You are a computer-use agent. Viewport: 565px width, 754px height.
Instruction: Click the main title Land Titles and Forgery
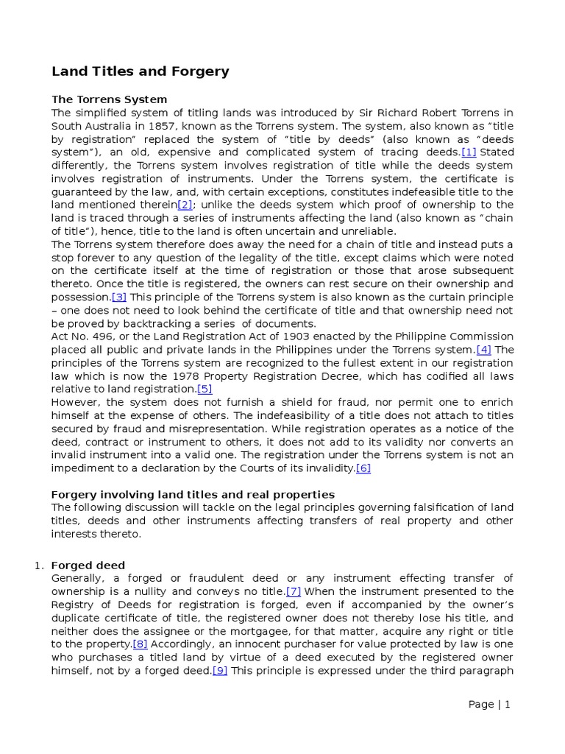pos(140,71)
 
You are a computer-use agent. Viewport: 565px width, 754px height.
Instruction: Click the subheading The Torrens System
pos(109,99)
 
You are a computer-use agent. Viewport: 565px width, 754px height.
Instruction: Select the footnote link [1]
pos(469,152)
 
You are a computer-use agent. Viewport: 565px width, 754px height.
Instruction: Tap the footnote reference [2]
pos(185,205)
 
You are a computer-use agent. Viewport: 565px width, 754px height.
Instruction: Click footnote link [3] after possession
pos(119,297)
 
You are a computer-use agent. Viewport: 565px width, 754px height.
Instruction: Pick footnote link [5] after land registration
pos(205,390)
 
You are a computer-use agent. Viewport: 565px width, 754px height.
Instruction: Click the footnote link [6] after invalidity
pos(363,468)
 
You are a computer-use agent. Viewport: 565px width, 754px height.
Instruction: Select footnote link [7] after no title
pos(294,591)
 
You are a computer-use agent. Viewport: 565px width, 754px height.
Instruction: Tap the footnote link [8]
pos(140,644)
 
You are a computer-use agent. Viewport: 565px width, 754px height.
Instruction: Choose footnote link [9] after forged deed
pos(219,670)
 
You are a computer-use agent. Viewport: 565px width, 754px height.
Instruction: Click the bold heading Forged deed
pos(88,565)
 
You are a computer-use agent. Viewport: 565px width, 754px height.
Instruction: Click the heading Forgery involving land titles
pos(193,495)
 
